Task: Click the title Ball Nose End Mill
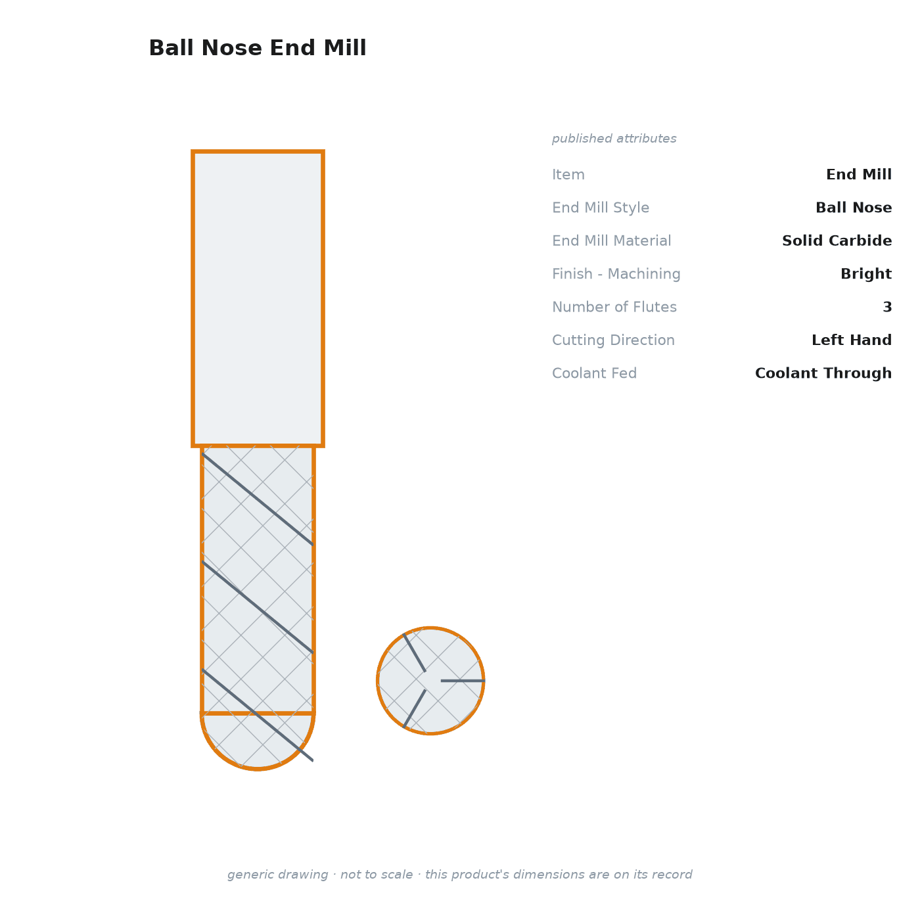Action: point(258,48)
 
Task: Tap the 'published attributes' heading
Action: point(614,139)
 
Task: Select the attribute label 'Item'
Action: point(568,175)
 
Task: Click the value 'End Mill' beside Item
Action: point(858,175)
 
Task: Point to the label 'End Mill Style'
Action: point(601,208)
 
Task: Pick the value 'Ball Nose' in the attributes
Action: point(853,208)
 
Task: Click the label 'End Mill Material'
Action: point(612,241)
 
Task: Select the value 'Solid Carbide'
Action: point(837,241)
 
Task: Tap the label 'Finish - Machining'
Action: point(616,274)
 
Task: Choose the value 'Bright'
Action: point(865,274)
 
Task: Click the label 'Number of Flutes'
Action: point(614,307)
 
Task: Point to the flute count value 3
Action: point(887,307)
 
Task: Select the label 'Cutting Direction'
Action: point(613,340)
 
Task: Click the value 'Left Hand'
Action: point(851,340)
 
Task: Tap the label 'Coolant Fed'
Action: point(594,373)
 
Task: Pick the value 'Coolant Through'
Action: point(823,373)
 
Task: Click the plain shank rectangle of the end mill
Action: point(258,298)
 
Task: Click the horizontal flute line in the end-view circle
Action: point(463,681)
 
